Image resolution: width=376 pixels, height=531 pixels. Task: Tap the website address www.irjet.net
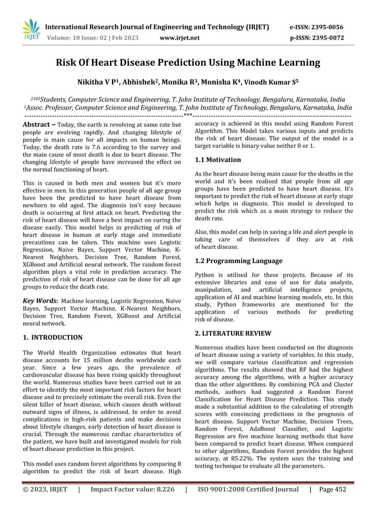(180, 38)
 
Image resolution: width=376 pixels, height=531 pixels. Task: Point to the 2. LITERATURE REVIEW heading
(233, 333)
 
